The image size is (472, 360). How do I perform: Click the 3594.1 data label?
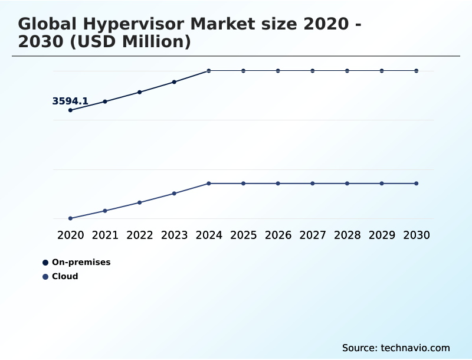tap(70, 102)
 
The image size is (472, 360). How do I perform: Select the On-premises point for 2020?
tap(71, 110)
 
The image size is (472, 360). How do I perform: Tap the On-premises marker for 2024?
tap(209, 71)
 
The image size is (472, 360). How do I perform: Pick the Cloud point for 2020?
tap(71, 218)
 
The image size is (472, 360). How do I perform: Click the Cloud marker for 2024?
tap(209, 184)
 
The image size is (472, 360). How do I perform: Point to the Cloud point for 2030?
tap(416, 184)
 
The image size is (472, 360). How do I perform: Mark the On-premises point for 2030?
tap(416, 71)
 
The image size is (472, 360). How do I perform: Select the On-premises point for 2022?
tap(140, 92)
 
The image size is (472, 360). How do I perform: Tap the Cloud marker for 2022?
tap(140, 202)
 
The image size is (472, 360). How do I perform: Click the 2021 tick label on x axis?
tap(105, 235)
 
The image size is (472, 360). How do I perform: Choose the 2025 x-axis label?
tap(243, 235)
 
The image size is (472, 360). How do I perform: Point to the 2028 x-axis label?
tap(347, 235)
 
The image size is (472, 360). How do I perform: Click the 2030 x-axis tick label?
tap(416, 235)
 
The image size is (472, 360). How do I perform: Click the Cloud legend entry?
tap(65, 276)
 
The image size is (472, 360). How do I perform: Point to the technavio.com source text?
tap(415, 348)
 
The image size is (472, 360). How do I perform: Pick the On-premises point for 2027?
tap(313, 71)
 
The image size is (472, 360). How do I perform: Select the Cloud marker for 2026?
tap(278, 184)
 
